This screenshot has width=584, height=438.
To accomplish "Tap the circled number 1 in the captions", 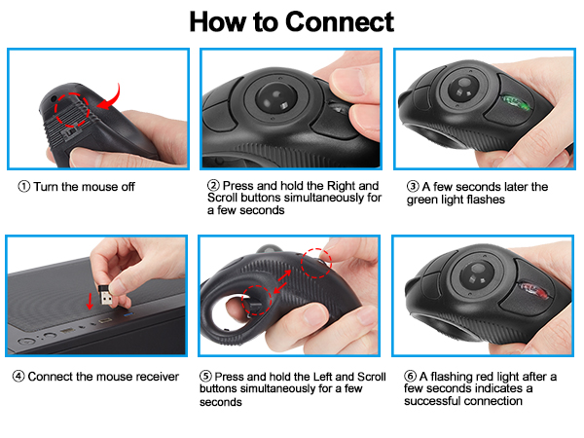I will [22, 185].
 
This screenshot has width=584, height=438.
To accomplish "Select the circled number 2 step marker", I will [213, 185].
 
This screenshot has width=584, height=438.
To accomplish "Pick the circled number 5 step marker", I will [205, 377].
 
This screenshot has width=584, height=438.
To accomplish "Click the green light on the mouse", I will [512, 101].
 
